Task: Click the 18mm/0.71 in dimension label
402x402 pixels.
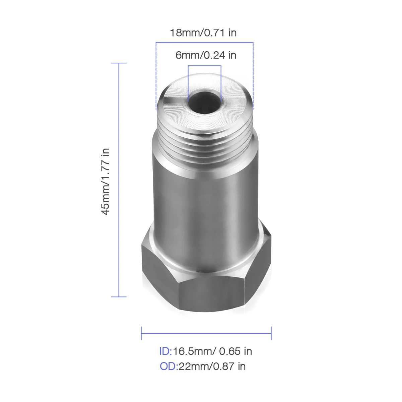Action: click(203, 33)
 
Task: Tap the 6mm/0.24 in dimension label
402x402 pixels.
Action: click(206, 55)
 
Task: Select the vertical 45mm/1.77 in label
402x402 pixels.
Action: click(106, 182)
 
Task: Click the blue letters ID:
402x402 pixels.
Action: click(165, 351)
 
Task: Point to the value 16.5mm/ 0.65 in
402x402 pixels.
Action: click(212, 351)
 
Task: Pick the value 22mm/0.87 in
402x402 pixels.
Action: click(212, 366)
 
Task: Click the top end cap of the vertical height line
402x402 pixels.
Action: click(119, 63)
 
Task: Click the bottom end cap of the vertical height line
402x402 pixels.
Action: click(119, 297)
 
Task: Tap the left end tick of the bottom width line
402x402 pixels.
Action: click(141, 333)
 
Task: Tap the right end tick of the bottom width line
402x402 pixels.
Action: click(271, 333)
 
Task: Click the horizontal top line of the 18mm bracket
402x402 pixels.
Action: click(204, 43)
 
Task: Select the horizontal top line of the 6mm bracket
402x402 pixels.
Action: click(204, 66)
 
